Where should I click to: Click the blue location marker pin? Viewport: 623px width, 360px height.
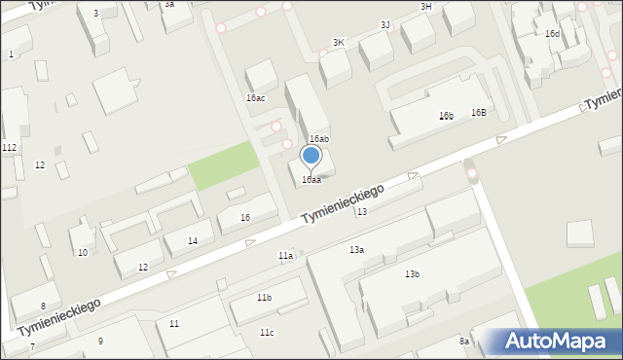(311, 156)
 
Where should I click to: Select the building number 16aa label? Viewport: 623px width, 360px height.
(311, 180)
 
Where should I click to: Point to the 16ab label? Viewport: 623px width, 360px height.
(319, 139)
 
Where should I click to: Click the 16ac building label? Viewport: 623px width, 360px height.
(256, 98)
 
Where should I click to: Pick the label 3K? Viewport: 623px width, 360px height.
(339, 43)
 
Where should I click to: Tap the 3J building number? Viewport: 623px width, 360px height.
(385, 24)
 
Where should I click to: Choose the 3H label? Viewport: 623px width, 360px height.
(425, 7)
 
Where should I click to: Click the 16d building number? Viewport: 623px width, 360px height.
(552, 34)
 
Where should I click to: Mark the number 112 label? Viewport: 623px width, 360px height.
(9, 147)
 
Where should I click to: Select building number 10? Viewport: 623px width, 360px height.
(83, 253)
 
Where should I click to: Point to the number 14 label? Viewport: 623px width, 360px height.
(193, 240)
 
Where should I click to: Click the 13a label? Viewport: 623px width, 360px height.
(357, 250)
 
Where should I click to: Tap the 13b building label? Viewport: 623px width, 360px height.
(413, 274)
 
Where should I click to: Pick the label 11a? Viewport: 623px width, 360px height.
(285, 256)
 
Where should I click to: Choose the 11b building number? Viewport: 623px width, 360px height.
(264, 297)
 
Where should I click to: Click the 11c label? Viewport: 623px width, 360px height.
(267, 333)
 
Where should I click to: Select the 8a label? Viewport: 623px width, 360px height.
(464, 342)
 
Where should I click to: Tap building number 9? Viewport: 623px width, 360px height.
(100, 341)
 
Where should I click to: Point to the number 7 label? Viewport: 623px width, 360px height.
(32, 346)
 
